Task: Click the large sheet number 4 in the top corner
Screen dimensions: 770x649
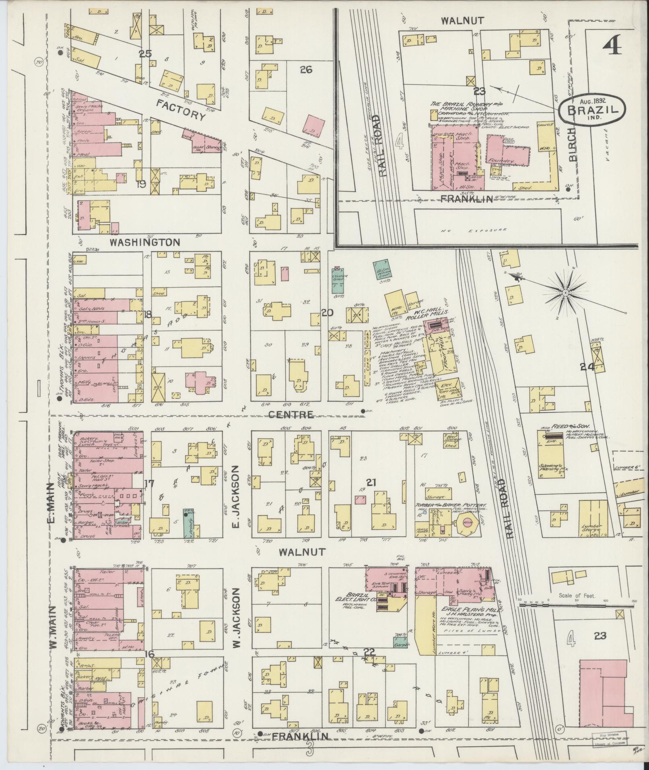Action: pyautogui.click(x=612, y=45)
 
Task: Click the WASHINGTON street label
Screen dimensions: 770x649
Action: pyautogui.click(x=145, y=242)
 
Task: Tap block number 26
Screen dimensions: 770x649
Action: pyautogui.click(x=306, y=70)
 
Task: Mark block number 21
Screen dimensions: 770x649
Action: pyautogui.click(x=370, y=482)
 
